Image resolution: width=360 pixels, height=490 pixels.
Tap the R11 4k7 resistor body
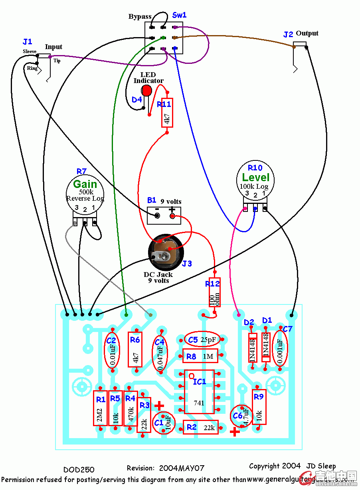[167, 113]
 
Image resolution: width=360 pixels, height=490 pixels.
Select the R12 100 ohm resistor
[215, 292]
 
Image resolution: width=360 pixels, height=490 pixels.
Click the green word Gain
[85, 184]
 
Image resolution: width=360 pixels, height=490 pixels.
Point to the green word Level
[256, 178]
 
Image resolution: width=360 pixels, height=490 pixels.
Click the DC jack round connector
[166, 252]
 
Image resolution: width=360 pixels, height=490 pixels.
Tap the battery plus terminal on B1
[172, 216]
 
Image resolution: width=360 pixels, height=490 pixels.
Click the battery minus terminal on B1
[157, 216]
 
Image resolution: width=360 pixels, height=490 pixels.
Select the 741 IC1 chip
[199, 392]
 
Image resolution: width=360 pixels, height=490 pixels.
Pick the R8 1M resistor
[200, 356]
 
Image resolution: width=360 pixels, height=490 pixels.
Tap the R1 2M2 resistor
[99, 408]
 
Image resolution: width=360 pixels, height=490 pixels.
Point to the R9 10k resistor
[259, 407]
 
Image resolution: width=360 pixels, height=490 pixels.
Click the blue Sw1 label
[179, 15]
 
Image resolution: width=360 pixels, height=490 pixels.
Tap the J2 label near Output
[288, 35]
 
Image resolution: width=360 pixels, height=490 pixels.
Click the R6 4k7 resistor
[135, 349]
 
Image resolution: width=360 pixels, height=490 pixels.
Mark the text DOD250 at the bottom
[79, 470]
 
